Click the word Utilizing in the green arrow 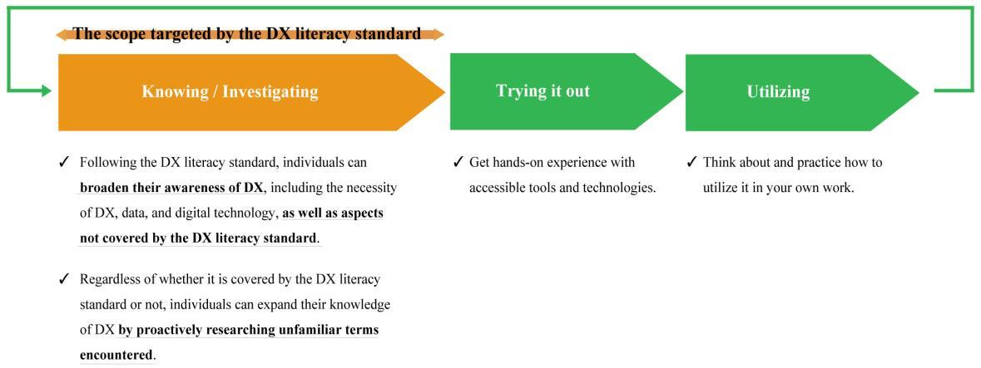pos(778,92)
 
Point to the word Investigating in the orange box pos(270,92)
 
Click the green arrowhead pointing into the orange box pos(47,91)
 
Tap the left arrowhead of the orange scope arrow pos(62,34)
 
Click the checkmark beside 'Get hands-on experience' pos(458,163)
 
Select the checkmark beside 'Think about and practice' pos(691,163)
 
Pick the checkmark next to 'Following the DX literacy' pos(63,163)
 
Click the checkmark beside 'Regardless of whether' pos(63,279)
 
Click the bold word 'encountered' pos(116,356)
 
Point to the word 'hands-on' pos(513,163)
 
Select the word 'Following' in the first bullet pos(104,163)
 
